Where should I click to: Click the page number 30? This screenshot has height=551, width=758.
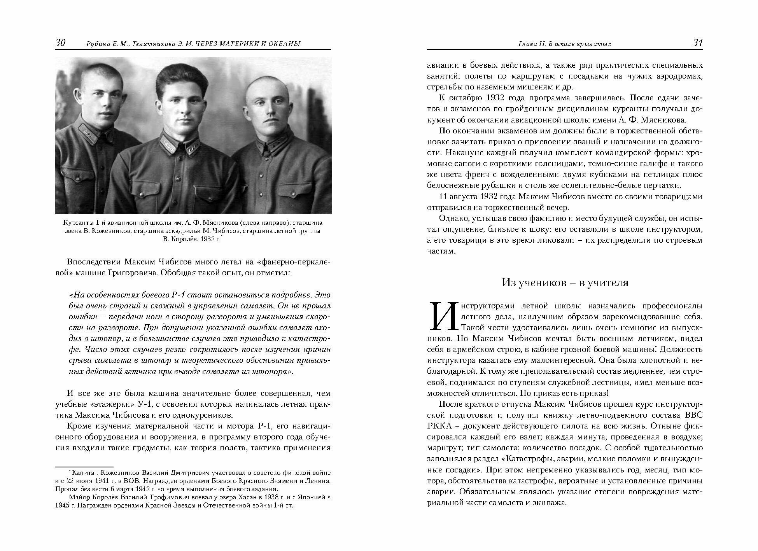point(60,43)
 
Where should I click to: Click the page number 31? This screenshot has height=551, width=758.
point(698,43)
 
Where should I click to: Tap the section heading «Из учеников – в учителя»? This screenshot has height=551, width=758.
point(565,282)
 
